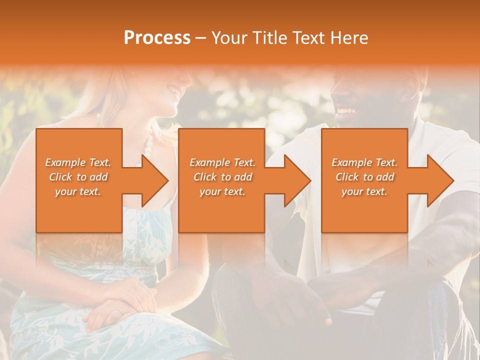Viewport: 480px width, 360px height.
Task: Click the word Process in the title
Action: [157, 38]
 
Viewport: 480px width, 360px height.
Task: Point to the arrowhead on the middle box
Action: [297, 180]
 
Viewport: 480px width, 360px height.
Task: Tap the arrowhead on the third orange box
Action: [440, 180]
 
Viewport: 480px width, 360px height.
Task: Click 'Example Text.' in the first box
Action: [78, 162]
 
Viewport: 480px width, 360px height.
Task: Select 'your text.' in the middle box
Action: [222, 191]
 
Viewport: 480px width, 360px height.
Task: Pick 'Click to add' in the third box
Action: [364, 177]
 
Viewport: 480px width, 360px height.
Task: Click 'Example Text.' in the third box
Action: [364, 162]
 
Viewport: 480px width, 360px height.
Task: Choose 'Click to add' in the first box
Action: [78, 177]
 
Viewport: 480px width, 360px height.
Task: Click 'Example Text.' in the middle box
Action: [222, 162]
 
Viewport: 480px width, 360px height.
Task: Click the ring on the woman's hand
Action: [119, 310]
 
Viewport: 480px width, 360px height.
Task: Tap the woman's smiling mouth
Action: [174, 91]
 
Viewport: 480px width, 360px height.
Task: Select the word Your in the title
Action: [228, 38]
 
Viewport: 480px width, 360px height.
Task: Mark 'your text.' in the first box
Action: [78, 191]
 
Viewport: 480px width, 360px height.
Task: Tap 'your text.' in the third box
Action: [364, 191]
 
